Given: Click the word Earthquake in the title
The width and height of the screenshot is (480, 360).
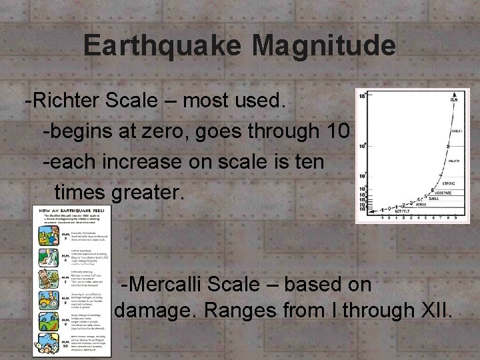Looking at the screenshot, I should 163,45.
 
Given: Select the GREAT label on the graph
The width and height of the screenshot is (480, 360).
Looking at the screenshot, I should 458,131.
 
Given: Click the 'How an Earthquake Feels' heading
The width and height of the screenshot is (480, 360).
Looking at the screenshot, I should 73,209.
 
